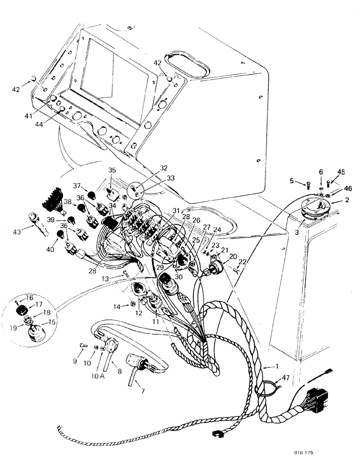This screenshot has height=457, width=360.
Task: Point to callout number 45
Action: pos(341,172)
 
